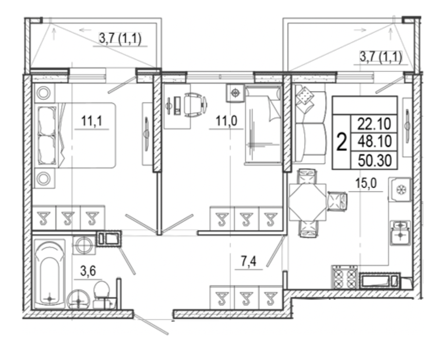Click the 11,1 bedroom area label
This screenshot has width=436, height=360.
(92, 121)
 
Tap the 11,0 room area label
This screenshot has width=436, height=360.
(227, 121)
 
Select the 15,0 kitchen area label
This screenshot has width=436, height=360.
(366, 184)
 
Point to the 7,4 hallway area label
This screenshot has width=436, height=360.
(248, 262)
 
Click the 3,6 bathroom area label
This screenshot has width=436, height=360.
(88, 271)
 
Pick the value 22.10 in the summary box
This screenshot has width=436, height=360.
(374, 124)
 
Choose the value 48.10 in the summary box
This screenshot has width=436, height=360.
(374, 141)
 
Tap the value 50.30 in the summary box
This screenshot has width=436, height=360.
(374, 160)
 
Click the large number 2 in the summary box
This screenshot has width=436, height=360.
(342, 141)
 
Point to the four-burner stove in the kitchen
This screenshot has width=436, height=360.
(345, 277)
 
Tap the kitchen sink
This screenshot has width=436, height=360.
(400, 232)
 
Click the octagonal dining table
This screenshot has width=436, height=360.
(307, 202)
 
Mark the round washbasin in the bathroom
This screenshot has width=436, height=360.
(79, 300)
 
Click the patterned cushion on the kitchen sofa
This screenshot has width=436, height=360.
(305, 96)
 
